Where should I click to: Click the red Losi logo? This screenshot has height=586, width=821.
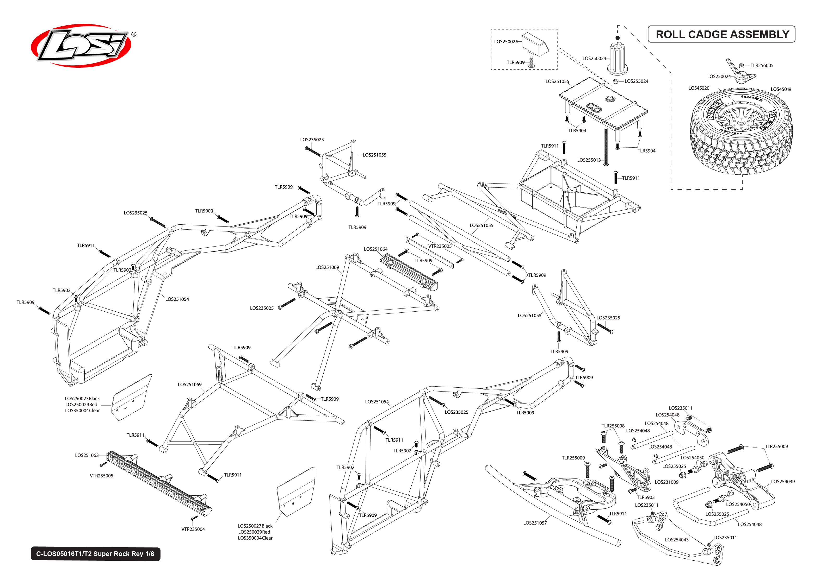pyautogui.click(x=81, y=46)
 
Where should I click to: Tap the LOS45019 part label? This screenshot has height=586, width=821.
pyautogui.click(x=781, y=89)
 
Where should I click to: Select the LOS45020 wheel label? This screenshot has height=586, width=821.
pyautogui.click(x=699, y=88)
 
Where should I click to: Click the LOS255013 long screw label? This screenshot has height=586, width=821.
pyautogui.click(x=589, y=160)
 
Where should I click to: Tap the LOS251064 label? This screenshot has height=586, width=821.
pyautogui.click(x=375, y=249)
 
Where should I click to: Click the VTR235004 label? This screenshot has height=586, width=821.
pyautogui.click(x=193, y=529)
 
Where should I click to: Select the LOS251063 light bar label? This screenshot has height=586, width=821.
pyautogui.click(x=87, y=455)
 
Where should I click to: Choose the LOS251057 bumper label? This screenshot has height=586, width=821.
pyautogui.click(x=535, y=522)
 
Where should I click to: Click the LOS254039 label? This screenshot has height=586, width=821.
pyautogui.click(x=782, y=481)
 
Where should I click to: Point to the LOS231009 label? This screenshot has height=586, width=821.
pyautogui.click(x=666, y=482)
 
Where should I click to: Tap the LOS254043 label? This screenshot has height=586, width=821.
pyautogui.click(x=677, y=539)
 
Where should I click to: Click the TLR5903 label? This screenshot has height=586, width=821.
pyautogui.click(x=646, y=497)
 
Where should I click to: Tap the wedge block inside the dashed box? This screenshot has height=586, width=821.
pyautogui.click(x=535, y=44)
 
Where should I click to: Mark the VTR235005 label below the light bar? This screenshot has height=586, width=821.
pyautogui.click(x=101, y=476)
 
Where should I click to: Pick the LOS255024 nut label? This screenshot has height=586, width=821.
pyautogui.click(x=636, y=81)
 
